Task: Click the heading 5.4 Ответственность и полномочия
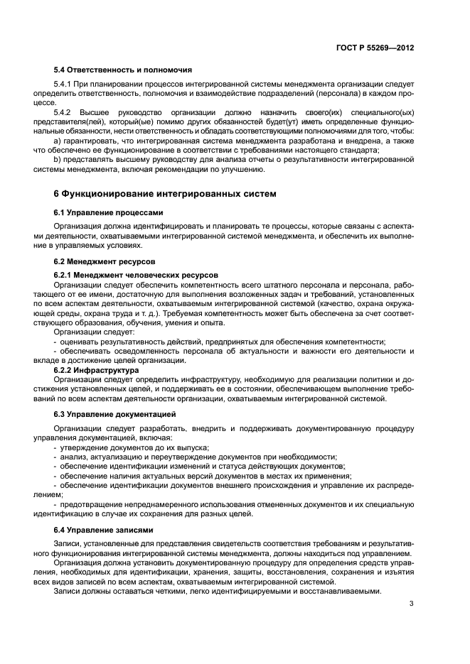click(x=122, y=70)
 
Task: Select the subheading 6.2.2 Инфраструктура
click(x=97, y=370)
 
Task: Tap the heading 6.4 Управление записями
click(x=104, y=530)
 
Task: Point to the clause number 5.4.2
click(x=64, y=113)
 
